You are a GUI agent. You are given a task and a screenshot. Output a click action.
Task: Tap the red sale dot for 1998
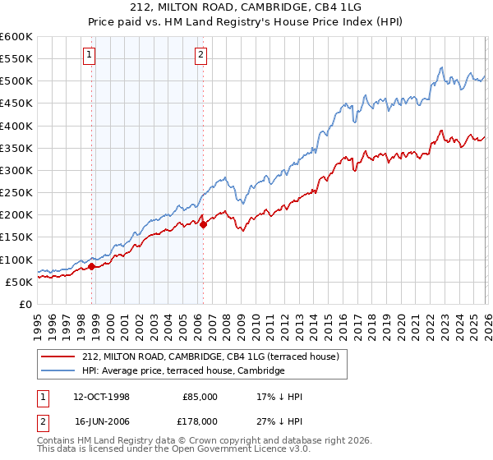pyautogui.click(x=92, y=266)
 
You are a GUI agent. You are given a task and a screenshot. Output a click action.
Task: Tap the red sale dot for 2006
pyautogui.click(x=203, y=224)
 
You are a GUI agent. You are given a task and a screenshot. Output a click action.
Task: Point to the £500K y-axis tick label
pyautogui.click(x=16, y=81)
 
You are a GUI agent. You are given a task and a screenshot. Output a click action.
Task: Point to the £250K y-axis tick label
pyautogui.click(x=16, y=193)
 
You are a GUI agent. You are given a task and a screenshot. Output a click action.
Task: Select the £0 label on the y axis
pyautogui.click(x=25, y=304)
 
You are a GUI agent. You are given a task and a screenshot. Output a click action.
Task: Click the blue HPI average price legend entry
pyautogui.click(x=182, y=370)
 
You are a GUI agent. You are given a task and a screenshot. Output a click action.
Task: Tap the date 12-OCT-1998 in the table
pyautogui.click(x=101, y=397)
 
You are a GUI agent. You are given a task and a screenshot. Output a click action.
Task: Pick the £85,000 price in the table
pyautogui.click(x=200, y=397)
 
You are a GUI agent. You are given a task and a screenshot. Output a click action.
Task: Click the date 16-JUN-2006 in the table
pyautogui.click(x=101, y=422)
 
